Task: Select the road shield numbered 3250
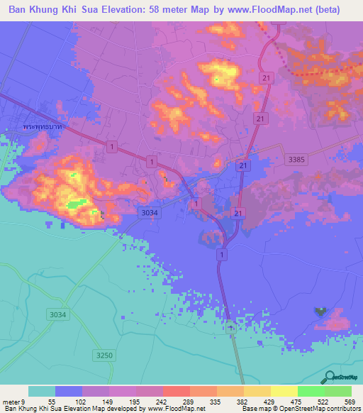(x=104, y=354)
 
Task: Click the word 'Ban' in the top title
(x=19, y=10)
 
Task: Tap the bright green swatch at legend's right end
(x=337, y=391)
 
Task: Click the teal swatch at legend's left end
(x=42, y=391)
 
